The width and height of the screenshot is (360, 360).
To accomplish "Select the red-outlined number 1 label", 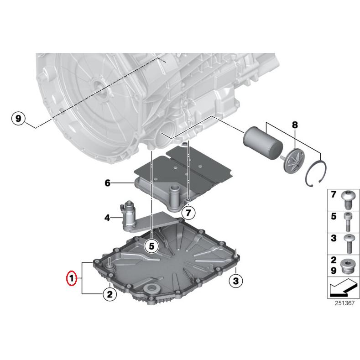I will pos(71,277).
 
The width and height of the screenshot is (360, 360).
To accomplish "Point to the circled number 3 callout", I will pos(235,281).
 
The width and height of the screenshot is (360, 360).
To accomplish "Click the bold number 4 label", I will pos(108,218).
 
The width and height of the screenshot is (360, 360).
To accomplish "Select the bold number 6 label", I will pos(108,183).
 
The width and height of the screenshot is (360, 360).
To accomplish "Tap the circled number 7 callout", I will pos(188,212).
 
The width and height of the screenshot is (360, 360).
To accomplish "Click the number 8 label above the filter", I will pos(294,125).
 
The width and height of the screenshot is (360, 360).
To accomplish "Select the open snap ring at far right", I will pos(315,175).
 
